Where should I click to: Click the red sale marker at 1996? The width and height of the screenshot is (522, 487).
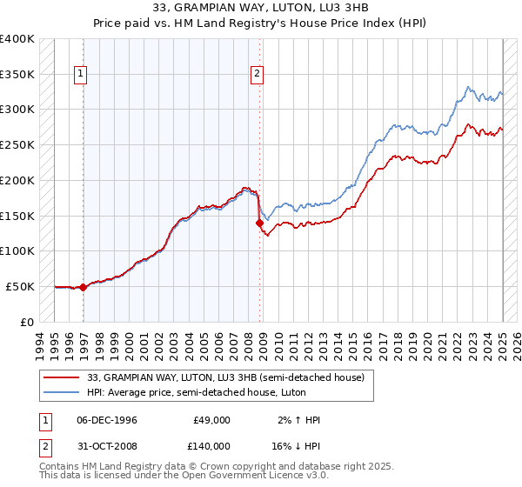tap(83, 286)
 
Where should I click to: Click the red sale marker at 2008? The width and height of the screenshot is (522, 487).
tap(259, 223)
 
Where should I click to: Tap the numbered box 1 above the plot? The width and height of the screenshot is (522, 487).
tap(79, 75)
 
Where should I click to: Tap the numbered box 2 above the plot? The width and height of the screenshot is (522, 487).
tap(258, 75)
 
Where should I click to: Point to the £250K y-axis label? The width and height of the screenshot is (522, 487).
tap(17, 144)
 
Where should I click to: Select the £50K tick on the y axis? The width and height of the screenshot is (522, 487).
tap(21, 285)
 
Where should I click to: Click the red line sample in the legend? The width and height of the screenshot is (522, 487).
tap(62, 377)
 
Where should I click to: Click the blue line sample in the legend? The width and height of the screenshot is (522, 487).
tap(62, 392)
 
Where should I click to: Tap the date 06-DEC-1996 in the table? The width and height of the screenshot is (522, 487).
tap(107, 420)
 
